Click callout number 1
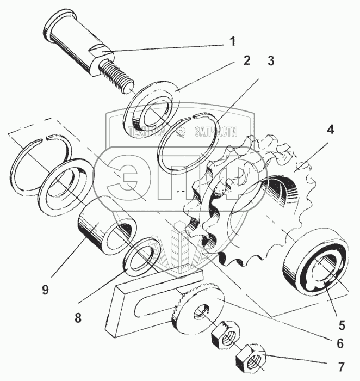coord(232,41)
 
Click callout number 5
coord(341,325)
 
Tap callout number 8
coord(78,318)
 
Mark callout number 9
coord(46,289)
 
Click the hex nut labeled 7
coord(251,359)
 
